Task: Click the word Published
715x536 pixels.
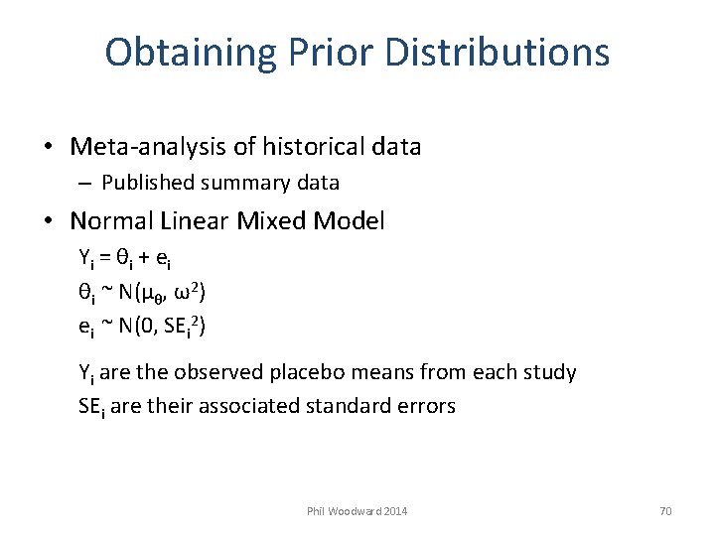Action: (x=146, y=183)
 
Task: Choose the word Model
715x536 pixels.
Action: (x=348, y=220)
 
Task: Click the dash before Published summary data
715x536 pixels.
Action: (x=84, y=184)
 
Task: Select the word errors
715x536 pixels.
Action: (x=427, y=406)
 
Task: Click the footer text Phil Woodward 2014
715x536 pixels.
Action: (x=357, y=511)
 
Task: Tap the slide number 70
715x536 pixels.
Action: (x=665, y=511)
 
